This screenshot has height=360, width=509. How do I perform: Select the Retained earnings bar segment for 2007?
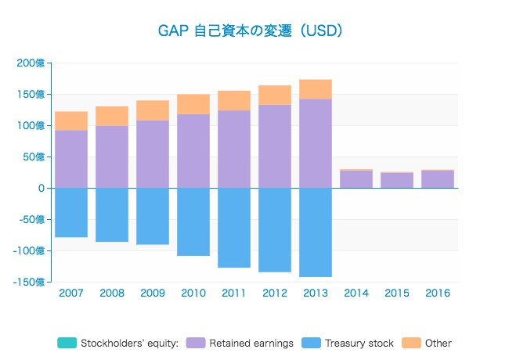pyautogui.click(x=71, y=159)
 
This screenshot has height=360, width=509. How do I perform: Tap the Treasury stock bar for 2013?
pyautogui.click(x=316, y=232)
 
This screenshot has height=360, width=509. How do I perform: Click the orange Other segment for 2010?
pyautogui.click(x=193, y=104)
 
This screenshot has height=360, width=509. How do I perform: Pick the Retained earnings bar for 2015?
pyautogui.click(x=397, y=180)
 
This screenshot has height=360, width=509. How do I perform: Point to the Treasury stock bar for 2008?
pyautogui.click(x=112, y=214)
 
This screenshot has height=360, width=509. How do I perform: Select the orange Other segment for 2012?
pyautogui.click(x=275, y=95)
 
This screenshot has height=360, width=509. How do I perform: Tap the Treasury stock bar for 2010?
pyautogui.click(x=193, y=221)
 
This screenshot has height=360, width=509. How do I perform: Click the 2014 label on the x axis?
pyautogui.click(x=356, y=293)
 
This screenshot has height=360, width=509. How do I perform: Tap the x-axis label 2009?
pyautogui.click(x=153, y=293)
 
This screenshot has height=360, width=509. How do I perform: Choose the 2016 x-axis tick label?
pyautogui.click(x=438, y=293)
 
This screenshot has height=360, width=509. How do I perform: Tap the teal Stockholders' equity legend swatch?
pyautogui.click(x=67, y=343)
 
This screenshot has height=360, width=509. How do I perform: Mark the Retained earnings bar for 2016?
pyautogui.click(x=438, y=179)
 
